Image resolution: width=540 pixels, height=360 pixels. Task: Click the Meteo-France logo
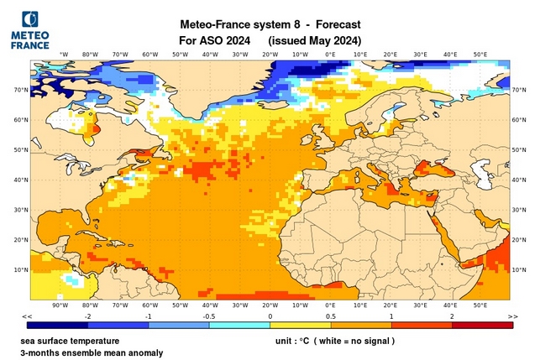(x=29, y=29)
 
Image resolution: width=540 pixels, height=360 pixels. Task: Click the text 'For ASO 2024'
(x=214, y=40)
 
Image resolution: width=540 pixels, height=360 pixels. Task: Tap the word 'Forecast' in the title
(x=333, y=24)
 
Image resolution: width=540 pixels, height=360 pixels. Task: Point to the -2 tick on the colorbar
(x=88, y=316)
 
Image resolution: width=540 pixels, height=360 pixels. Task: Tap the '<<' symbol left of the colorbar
(x=27, y=316)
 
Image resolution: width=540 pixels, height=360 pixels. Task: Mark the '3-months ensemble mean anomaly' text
(x=92, y=353)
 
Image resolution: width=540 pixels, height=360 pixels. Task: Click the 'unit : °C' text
(x=296, y=342)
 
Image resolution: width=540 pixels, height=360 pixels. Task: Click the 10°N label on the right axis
(x=520, y=269)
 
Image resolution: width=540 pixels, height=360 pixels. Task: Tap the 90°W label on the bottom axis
(x=59, y=306)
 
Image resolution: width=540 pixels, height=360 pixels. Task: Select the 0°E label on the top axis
(x=330, y=55)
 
